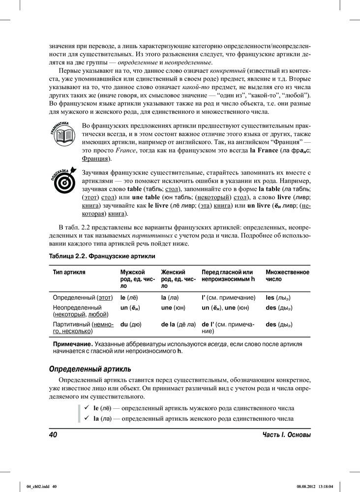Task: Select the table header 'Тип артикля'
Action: pyautogui.click(x=69, y=272)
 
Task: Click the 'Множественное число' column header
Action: pyautogui.click(x=287, y=276)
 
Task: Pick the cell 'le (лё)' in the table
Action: pyautogui.click(x=129, y=298)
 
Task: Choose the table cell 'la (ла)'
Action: pyautogui.click(x=170, y=298)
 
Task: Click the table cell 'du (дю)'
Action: pyautogui.click(x=128, y=325)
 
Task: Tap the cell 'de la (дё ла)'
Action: pyautogui.click(x=178, y=325)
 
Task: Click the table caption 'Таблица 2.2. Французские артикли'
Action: pyautogui.click(x=102, y=257)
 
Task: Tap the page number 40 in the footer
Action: pyautogui.click(x=54, y=435)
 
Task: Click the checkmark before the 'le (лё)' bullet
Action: pyautogui.click(x=86, y=408)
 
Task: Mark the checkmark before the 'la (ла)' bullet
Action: pyautogui.click(x=86, y=418)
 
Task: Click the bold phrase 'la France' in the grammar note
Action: pyautogui.click(x=265, y=150)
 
